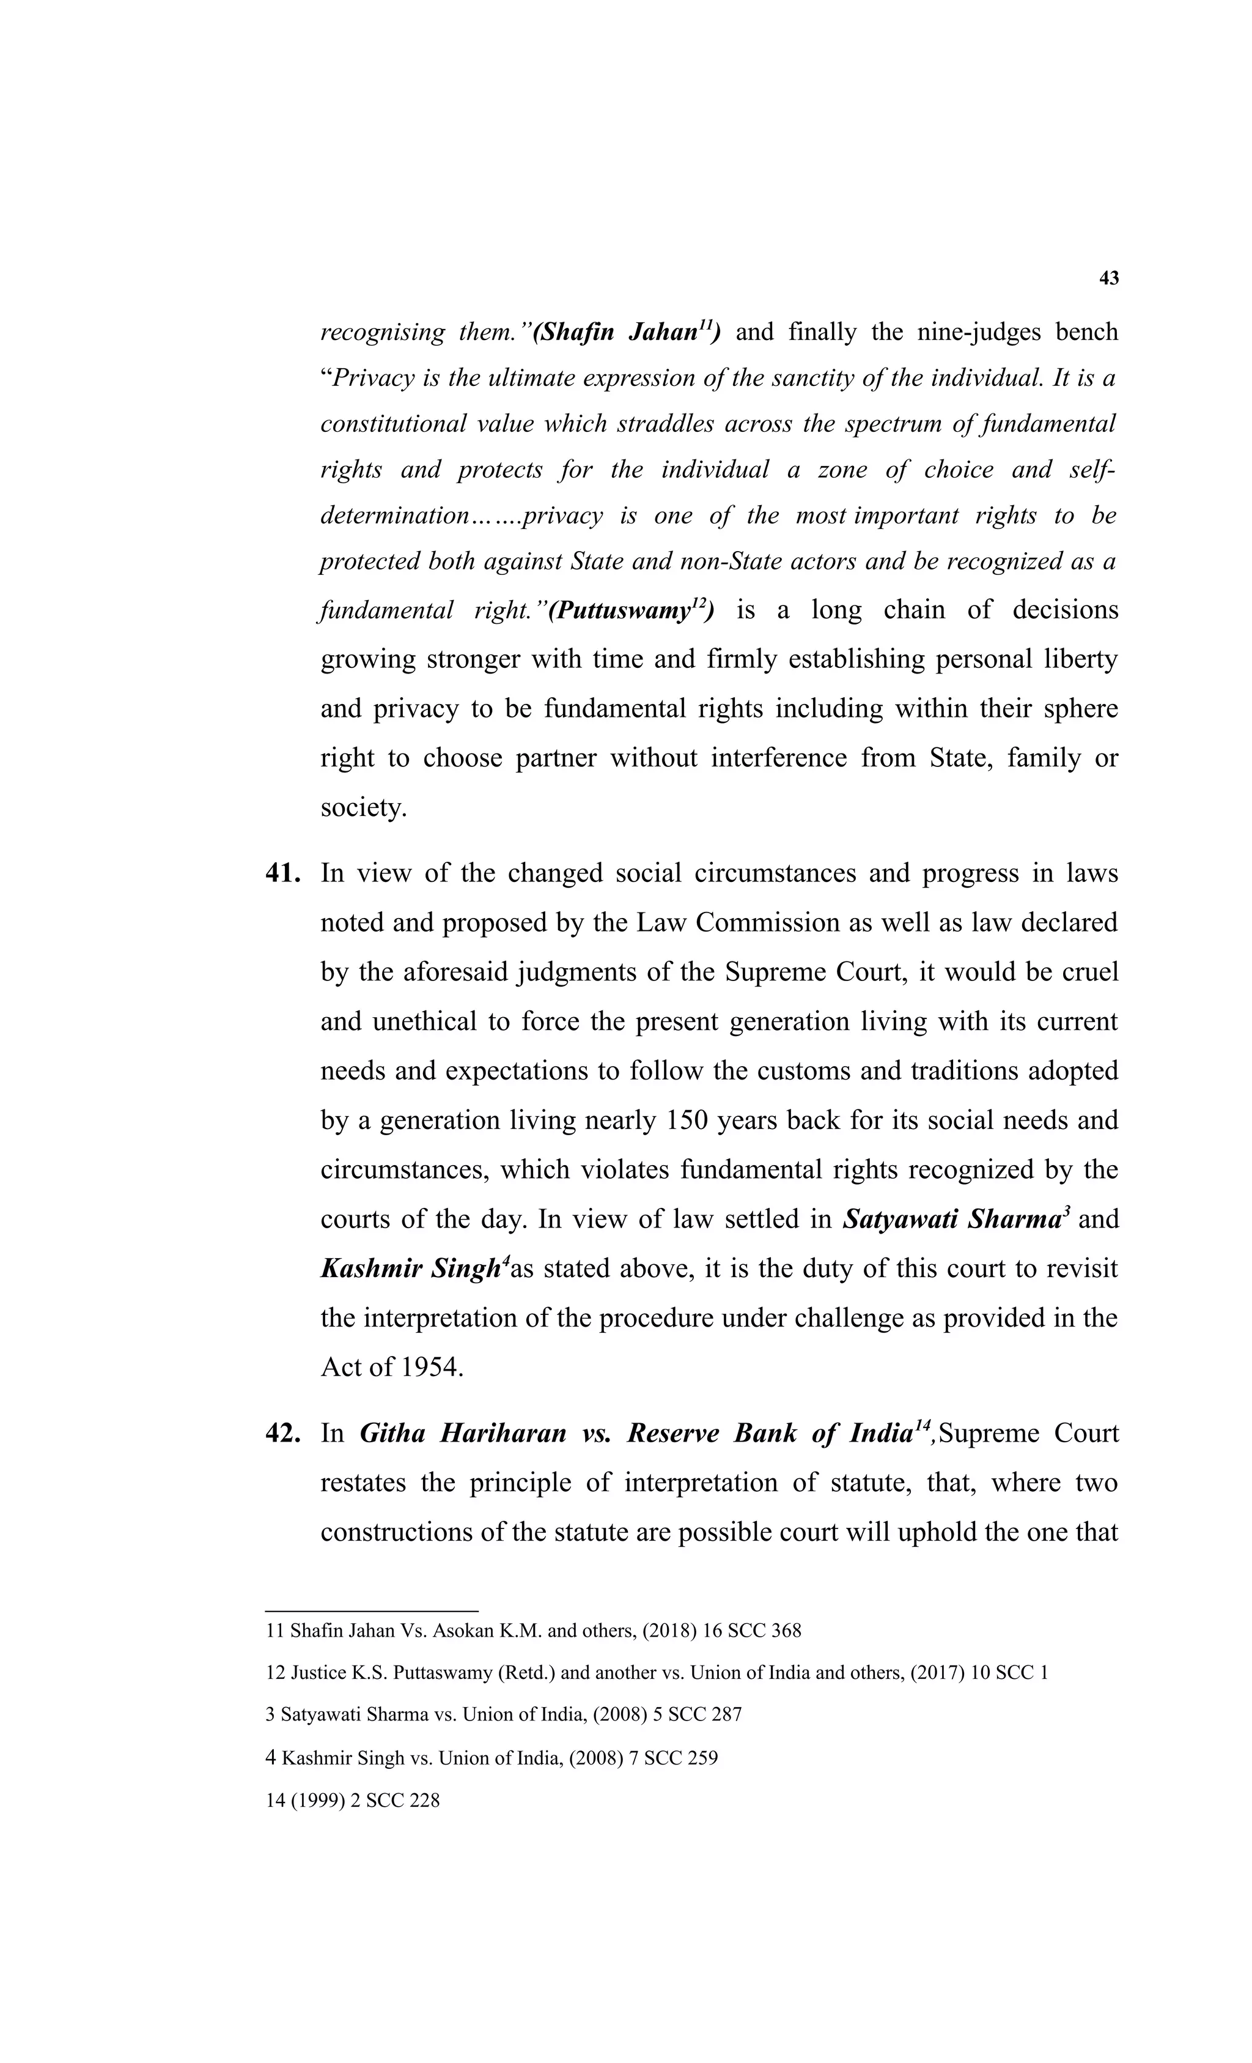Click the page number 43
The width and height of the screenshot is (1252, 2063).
[x=1108, y=279]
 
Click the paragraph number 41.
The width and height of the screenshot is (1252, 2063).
[x=282, y=873]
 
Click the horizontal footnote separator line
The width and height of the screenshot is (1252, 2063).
[x=372, y=1611]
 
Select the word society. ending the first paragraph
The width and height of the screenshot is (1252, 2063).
[x=363, y=808]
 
